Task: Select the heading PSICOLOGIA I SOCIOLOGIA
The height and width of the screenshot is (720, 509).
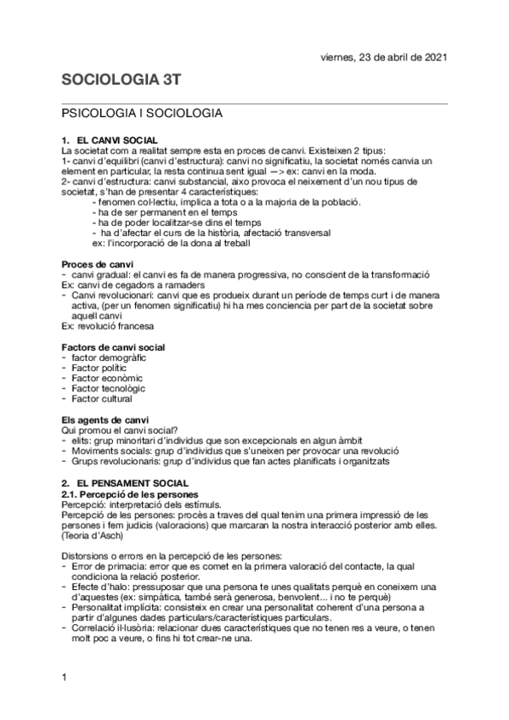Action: (141, 113)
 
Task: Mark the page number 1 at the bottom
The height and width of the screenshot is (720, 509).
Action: (65, 677)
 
